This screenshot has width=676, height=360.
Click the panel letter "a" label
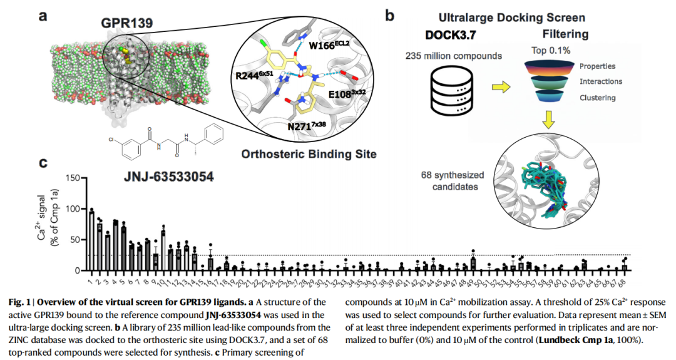pyautogui.click(x=43, y=14)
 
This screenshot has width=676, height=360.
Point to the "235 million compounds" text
pyautogui.click(x=455, y=56)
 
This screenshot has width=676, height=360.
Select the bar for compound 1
pyautogui.click(x=91, y=242)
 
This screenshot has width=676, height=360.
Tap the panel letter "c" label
pyautogui.click(x=43, y=164)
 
